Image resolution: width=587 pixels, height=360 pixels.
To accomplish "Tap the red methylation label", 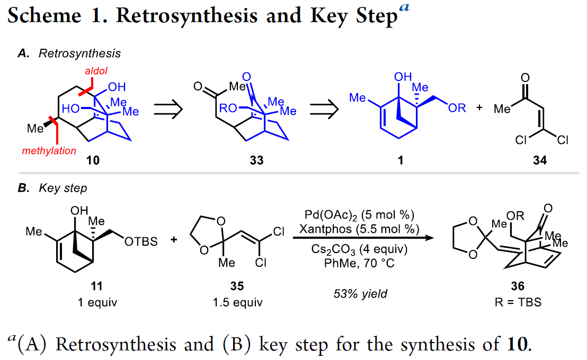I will [x=49, y=151].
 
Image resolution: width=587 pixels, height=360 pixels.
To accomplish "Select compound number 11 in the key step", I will [x=96, y=286].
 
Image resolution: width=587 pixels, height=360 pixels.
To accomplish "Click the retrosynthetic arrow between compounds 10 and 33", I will [x=168, y=110].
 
